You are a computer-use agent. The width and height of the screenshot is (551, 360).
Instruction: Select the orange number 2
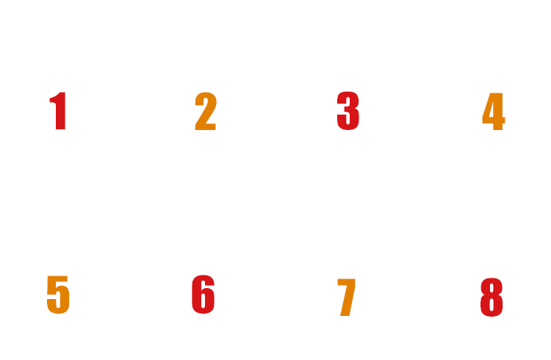click(x=206, y=112)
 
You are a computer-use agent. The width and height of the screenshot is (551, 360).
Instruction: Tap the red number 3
click(x=348, y=112)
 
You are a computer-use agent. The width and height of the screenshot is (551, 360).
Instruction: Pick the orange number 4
click(x=494, y=112)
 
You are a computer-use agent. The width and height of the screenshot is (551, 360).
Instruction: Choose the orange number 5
click(x=57, y=295)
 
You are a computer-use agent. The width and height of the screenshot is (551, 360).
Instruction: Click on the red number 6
click(x=203, y=295)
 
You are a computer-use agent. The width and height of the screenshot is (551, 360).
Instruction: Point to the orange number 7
click(x=346, y=298)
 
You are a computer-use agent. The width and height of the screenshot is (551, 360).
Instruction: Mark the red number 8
click(x=491, y=298)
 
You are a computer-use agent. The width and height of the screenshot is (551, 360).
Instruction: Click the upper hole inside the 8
click(x=491, y=289)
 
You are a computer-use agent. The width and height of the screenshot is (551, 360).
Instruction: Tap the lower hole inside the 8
click(x=491, y=306)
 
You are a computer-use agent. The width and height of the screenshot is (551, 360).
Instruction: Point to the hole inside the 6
click(x=204, y=303)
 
